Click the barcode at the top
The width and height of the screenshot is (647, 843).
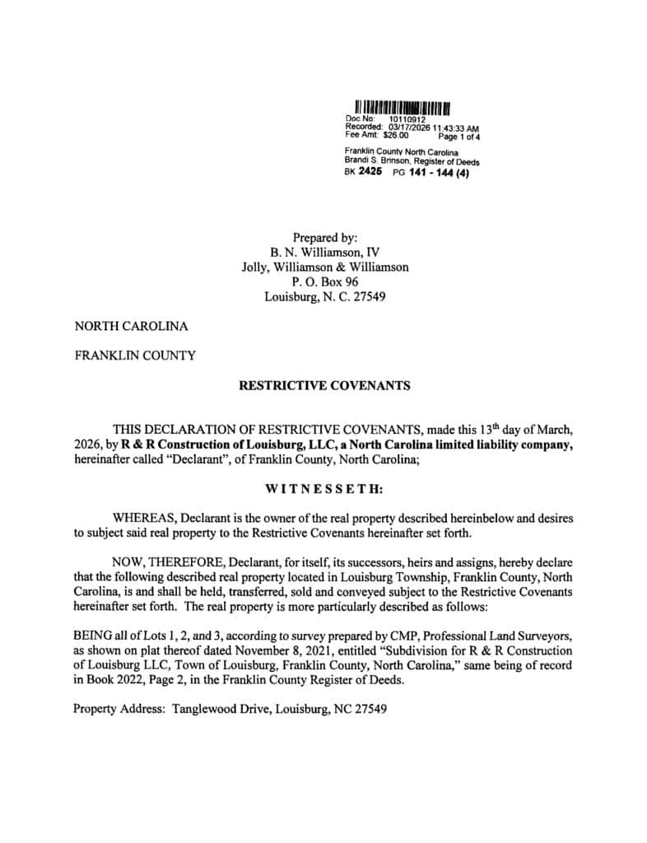(x=402, y=107)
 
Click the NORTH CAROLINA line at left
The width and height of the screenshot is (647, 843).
(x=132, y=326)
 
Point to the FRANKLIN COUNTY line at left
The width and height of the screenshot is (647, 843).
(x=135, y=356)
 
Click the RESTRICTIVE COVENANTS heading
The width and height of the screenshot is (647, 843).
(x=323, y=384)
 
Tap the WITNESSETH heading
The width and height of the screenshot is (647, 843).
(x=323, y=489)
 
